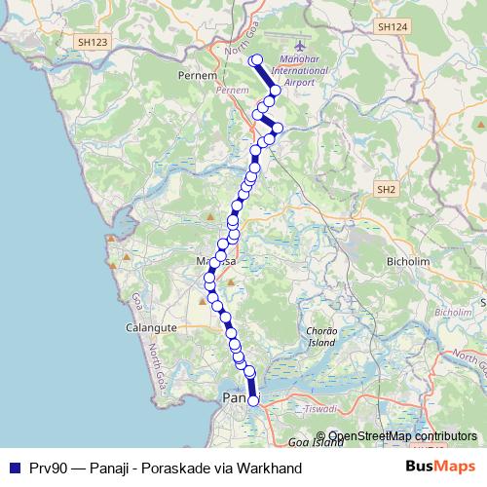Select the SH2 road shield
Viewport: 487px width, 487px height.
(x=387, y=188)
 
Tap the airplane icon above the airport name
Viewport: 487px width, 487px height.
(x=298, y=46)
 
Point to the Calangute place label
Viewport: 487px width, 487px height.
(x=150, y=328)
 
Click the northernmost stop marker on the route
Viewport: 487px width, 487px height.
(x=256, y=61)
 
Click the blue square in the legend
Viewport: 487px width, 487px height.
(x=14, y=467)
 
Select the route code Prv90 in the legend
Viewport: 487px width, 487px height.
(x=48, y=467)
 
